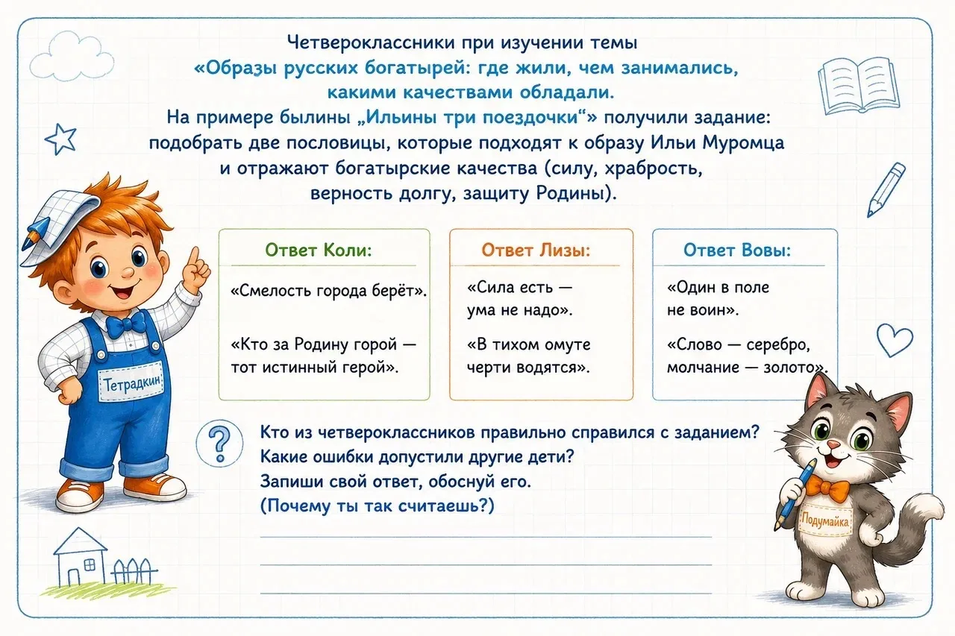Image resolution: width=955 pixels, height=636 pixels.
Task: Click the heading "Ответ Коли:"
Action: (x=319, y=250)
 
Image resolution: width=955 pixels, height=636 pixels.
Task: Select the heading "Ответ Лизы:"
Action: (x=536, y=250)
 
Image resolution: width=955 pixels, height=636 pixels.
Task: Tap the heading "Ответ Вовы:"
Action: (x=737, y=250)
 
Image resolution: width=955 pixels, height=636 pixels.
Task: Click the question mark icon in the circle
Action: (x=219, y=444)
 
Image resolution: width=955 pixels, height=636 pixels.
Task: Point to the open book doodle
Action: (x=858, y=87)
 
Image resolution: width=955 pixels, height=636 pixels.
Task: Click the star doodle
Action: (x=60, y=139)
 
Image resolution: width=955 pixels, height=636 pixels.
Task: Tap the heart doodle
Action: (x=895, y=339)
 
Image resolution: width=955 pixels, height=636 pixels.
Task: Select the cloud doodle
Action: (x=71, y=56)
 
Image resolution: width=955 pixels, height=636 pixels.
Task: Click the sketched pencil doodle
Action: (x=886, y=189)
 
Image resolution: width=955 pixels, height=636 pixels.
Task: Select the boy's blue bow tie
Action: (x=126, y=326)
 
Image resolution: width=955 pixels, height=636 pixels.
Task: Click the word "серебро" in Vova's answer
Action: (x=778, y=345)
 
